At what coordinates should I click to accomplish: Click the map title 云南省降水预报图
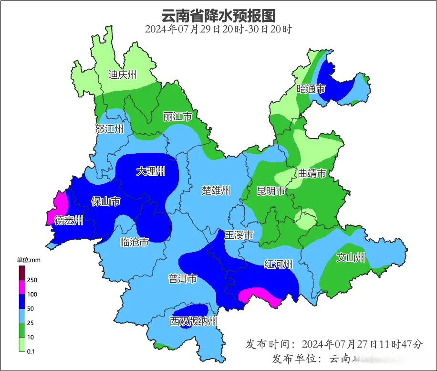tap(218, 15)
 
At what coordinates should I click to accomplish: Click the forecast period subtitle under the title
tap(218, 29)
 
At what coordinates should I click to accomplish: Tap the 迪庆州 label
tap(123, 74)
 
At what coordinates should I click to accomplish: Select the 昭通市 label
tap(311, 89)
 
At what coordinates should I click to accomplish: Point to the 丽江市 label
tap(177, 117)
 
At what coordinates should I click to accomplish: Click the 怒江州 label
tap(109, 128)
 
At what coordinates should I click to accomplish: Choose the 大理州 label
tap(150, 171)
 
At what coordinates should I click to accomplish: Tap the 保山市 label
tap(105, 202)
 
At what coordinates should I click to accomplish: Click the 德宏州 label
tap(69, 220)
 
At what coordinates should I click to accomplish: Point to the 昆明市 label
tap(271, 191)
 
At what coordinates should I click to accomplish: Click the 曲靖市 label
tap(312, 173)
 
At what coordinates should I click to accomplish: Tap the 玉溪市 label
tap(239, 235)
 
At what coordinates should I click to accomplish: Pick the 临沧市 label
tap(134, 242)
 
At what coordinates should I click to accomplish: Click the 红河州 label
tap(279, 264)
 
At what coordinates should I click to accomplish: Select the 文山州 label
tap(351, 258)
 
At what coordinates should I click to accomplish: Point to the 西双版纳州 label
tap(193, 321)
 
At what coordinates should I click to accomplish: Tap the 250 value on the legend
tap(32, 280)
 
